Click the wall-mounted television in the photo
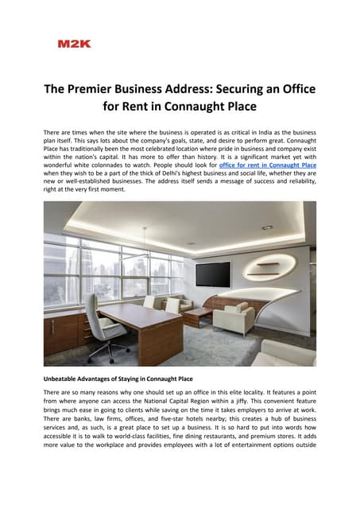[212, 274]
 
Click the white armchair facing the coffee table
[232, 318]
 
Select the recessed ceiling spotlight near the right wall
[267, 227]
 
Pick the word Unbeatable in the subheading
[66, 379]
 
